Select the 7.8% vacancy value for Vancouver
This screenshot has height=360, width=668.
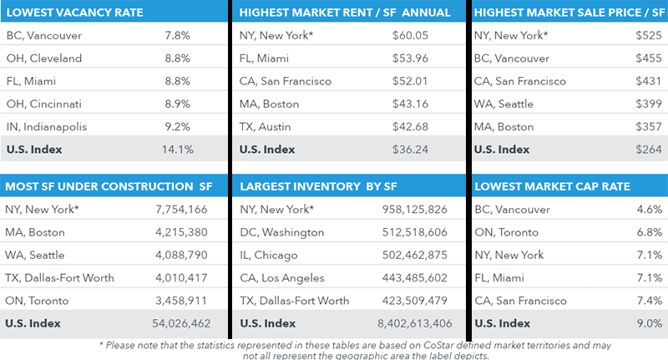pos(179,36)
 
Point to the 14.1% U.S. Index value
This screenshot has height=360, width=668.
pos(181,150)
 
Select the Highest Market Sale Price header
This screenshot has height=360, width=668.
pos(564,13)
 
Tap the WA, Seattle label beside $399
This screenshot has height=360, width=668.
pos(504,104)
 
